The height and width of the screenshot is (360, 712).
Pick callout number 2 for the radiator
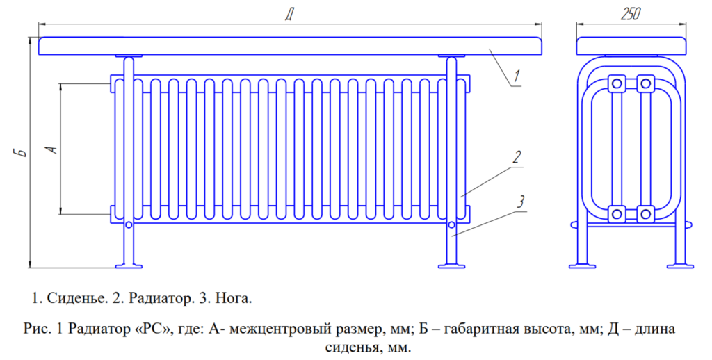pyautogui.click(x=517, y=156)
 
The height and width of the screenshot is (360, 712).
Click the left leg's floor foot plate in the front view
pyautogui.click(x=129, y=265)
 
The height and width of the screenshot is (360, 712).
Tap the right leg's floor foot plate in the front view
pyautogui.click(x=451, y=265)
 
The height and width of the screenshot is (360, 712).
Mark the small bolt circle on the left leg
pyautogui.click(x=129, y=224)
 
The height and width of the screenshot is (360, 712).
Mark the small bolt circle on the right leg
pyautogui.click(x=452, y=224)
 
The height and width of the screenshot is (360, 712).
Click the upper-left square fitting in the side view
pyautogui.click(x=616, y=83)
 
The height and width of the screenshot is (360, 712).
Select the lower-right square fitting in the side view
pyautogui.click(x=645, y=213)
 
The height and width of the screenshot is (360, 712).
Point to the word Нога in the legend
pyautogui.click(x=230, y=299)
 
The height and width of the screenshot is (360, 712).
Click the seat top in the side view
pyautogui.click(x=631, y=46)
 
